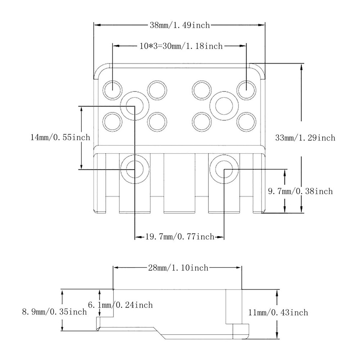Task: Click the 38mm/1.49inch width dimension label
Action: pos(179,25)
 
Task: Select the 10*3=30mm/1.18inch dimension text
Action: pos(181,46)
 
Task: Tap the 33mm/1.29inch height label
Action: pos(305,138)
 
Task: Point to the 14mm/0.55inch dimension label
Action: pos(60,137)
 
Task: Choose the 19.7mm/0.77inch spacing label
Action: pos(180,237)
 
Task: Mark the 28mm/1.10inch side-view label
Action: pos(178,268)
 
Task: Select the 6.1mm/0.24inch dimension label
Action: pos(121,305)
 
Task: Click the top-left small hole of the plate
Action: pos(112,89)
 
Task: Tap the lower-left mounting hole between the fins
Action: pos(135,168)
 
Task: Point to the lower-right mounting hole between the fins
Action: pos(225,169)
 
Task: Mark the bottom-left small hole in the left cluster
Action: pos(112,122)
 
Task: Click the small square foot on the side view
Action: pos(240,331)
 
